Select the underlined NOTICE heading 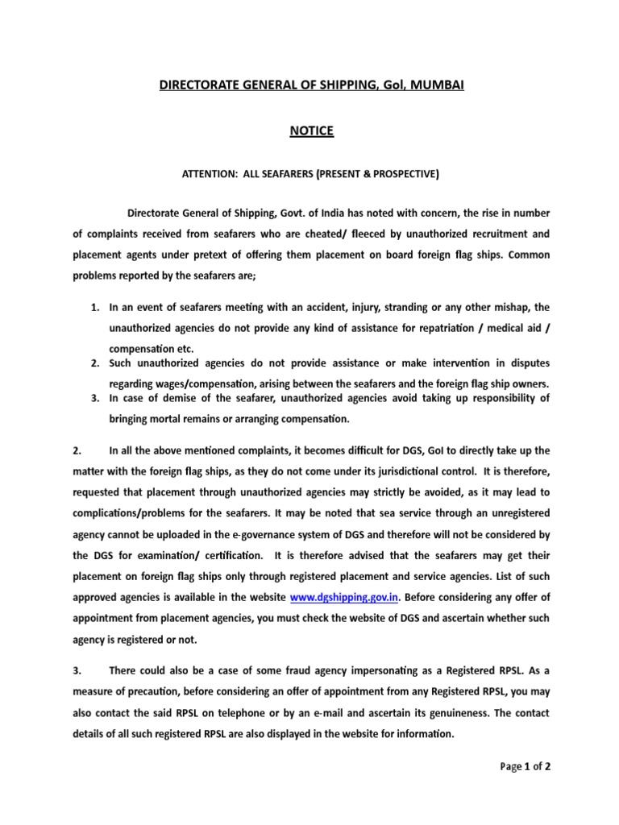pos(311,131)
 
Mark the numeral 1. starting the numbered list pos(95,308)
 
